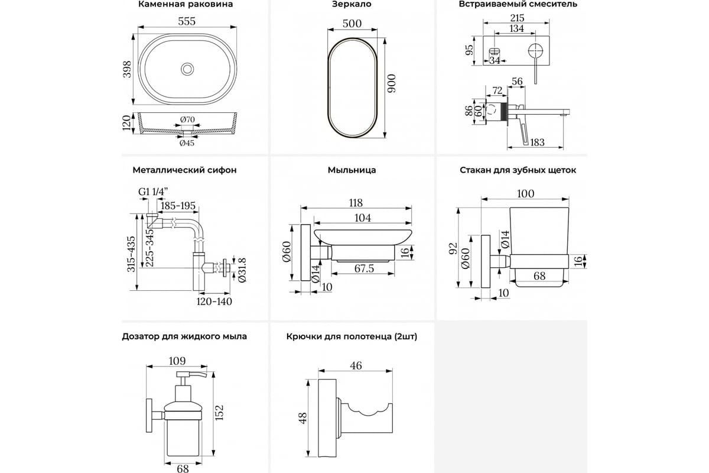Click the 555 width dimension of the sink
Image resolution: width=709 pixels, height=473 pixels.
tap(187, 21)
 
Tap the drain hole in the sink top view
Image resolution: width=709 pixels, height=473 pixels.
tap(187, 69)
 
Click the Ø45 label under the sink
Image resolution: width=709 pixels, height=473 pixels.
tap(187, 142)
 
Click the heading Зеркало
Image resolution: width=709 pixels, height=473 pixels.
tap(352, 4)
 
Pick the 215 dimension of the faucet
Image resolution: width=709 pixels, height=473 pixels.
tap(517, 18)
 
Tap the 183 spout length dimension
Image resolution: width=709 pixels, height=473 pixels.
tap(538, 142)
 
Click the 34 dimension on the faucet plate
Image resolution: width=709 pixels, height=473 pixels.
tap(495, 60)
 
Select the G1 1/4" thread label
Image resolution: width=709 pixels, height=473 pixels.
tap(152, 192)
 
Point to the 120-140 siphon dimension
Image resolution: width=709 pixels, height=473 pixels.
tap(214, 301)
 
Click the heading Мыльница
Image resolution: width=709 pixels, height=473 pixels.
tap(352, 170)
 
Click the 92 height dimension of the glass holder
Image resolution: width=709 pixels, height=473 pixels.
tap(454, 248)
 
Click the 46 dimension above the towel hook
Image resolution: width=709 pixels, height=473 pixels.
tap(355, 366)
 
